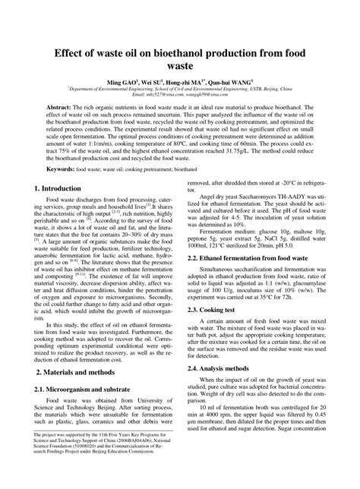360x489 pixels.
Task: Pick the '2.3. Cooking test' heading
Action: coord(213,332)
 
